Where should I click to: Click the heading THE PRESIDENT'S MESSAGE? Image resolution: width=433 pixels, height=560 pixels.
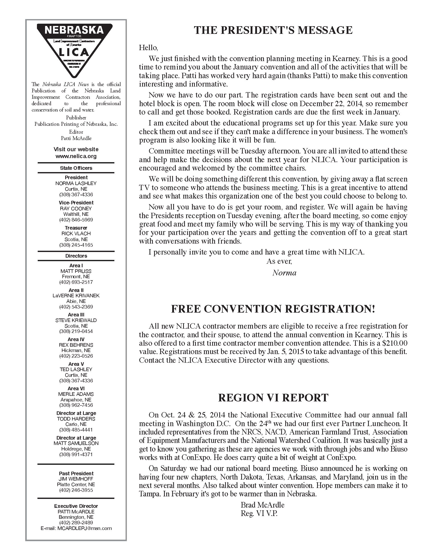pos(273,30)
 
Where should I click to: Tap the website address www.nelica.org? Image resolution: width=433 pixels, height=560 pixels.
pos(76,156)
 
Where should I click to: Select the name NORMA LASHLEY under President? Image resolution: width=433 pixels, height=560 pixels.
pos(76,183)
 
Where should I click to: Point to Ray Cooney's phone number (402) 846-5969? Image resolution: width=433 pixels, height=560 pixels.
pos(76,220)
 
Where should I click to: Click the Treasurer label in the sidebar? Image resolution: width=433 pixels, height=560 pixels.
pos(76,228)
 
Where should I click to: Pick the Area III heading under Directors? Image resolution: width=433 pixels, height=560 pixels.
pos(76,315)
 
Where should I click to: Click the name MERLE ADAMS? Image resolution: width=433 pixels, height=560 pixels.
pos(76,394)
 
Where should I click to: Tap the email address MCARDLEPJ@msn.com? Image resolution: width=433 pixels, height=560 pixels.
pos(84,528)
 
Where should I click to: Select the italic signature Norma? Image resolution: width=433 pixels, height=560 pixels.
pos(284,273)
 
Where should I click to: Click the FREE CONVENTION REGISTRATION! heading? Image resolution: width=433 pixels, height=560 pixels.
pos(273,309)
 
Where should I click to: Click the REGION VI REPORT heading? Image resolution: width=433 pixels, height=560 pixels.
pos(273,398)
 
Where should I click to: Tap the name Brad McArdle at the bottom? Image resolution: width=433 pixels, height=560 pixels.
pos(262,505)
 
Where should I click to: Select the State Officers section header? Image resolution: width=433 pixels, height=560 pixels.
pos(76,168)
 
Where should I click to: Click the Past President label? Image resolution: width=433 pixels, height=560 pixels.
pos(76,473)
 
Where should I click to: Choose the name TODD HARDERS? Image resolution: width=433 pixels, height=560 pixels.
pos(76,419)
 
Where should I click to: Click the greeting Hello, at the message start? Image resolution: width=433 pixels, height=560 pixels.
pos(148,48)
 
